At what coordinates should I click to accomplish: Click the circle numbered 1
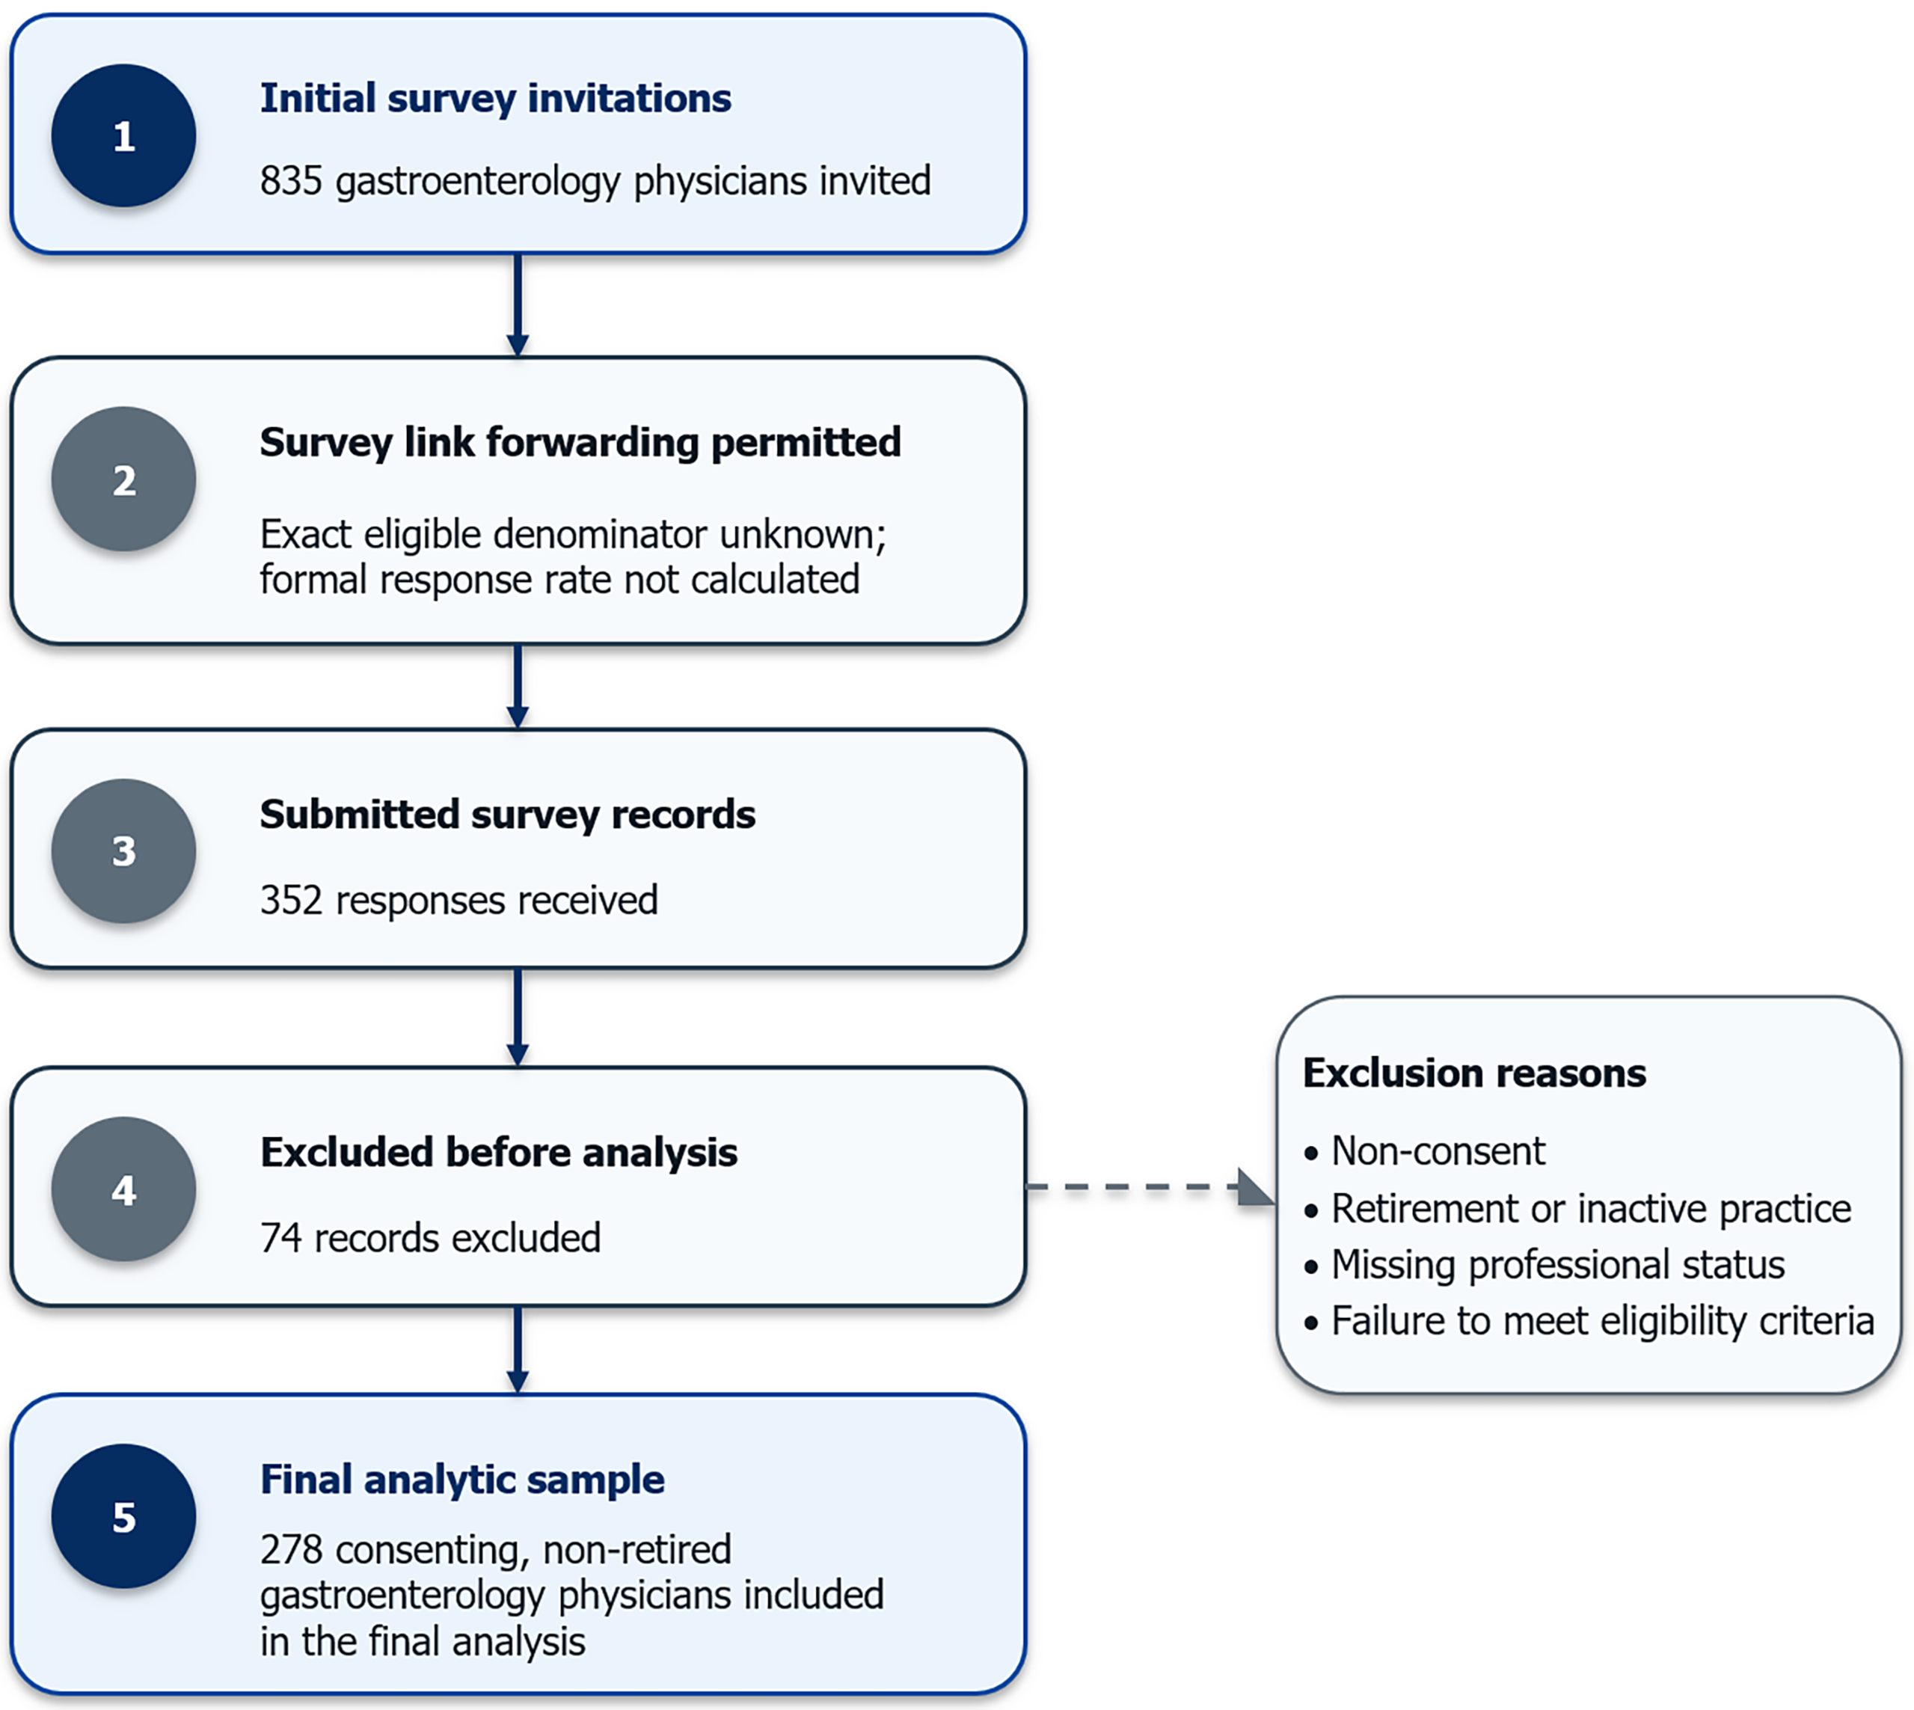click(x=124, y=135)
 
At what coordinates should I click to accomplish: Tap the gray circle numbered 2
click(x=124, y=479)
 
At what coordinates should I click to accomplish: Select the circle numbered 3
click(x=124, y=851)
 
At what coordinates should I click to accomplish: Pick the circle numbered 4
click(x=124, y=1189)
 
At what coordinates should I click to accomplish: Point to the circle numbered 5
click(x=124, y=1516)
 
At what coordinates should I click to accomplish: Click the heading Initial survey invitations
click(x=495, y=99)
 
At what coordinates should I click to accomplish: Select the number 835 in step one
click(x=291, y=180)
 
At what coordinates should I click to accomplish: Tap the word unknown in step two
click(x=803, y=535)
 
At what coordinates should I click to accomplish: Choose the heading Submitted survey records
click(x=507, y=815)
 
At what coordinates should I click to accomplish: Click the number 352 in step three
click(x=291, y=900)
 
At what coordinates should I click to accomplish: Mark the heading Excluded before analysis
click(x=499, y=1153)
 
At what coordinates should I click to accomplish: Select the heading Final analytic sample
click(x=462, y=1480)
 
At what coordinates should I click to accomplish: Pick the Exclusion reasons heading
click(x=1474, y=1073)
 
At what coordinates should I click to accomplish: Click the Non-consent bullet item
click(x=1424, y=1151)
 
